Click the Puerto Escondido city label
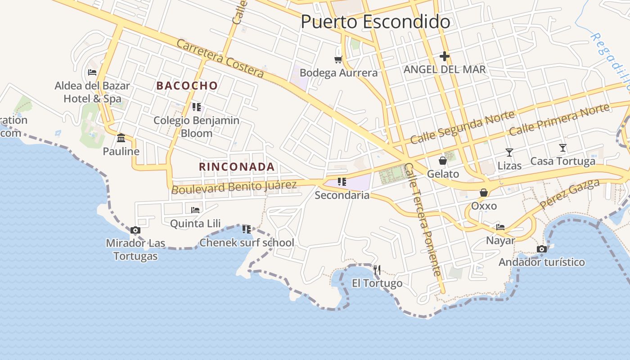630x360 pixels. point(375,22)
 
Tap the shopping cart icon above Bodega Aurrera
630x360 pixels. point(338,59)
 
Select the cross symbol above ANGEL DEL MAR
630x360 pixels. point(445,56)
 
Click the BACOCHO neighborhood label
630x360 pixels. point(187,85)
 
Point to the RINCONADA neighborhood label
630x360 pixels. point(237,166)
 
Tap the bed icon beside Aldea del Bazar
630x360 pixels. point(92,72)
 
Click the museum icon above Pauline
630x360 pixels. point(121,138)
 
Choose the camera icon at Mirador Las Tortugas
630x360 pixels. point(135,230)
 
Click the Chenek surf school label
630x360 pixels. point(247,243)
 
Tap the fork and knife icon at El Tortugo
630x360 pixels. point(377,270)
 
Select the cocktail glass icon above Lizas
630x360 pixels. point(509,153)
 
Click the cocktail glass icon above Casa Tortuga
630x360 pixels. point(562,148)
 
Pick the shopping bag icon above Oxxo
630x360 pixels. point(484,193)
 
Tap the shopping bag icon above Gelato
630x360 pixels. point(443,161)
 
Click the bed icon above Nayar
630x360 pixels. point(500,227)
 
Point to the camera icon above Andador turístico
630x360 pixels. point(542,249)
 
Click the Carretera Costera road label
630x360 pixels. point(220,58)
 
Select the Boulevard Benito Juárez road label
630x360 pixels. point(234,186)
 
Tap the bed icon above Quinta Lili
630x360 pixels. point(195,210)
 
